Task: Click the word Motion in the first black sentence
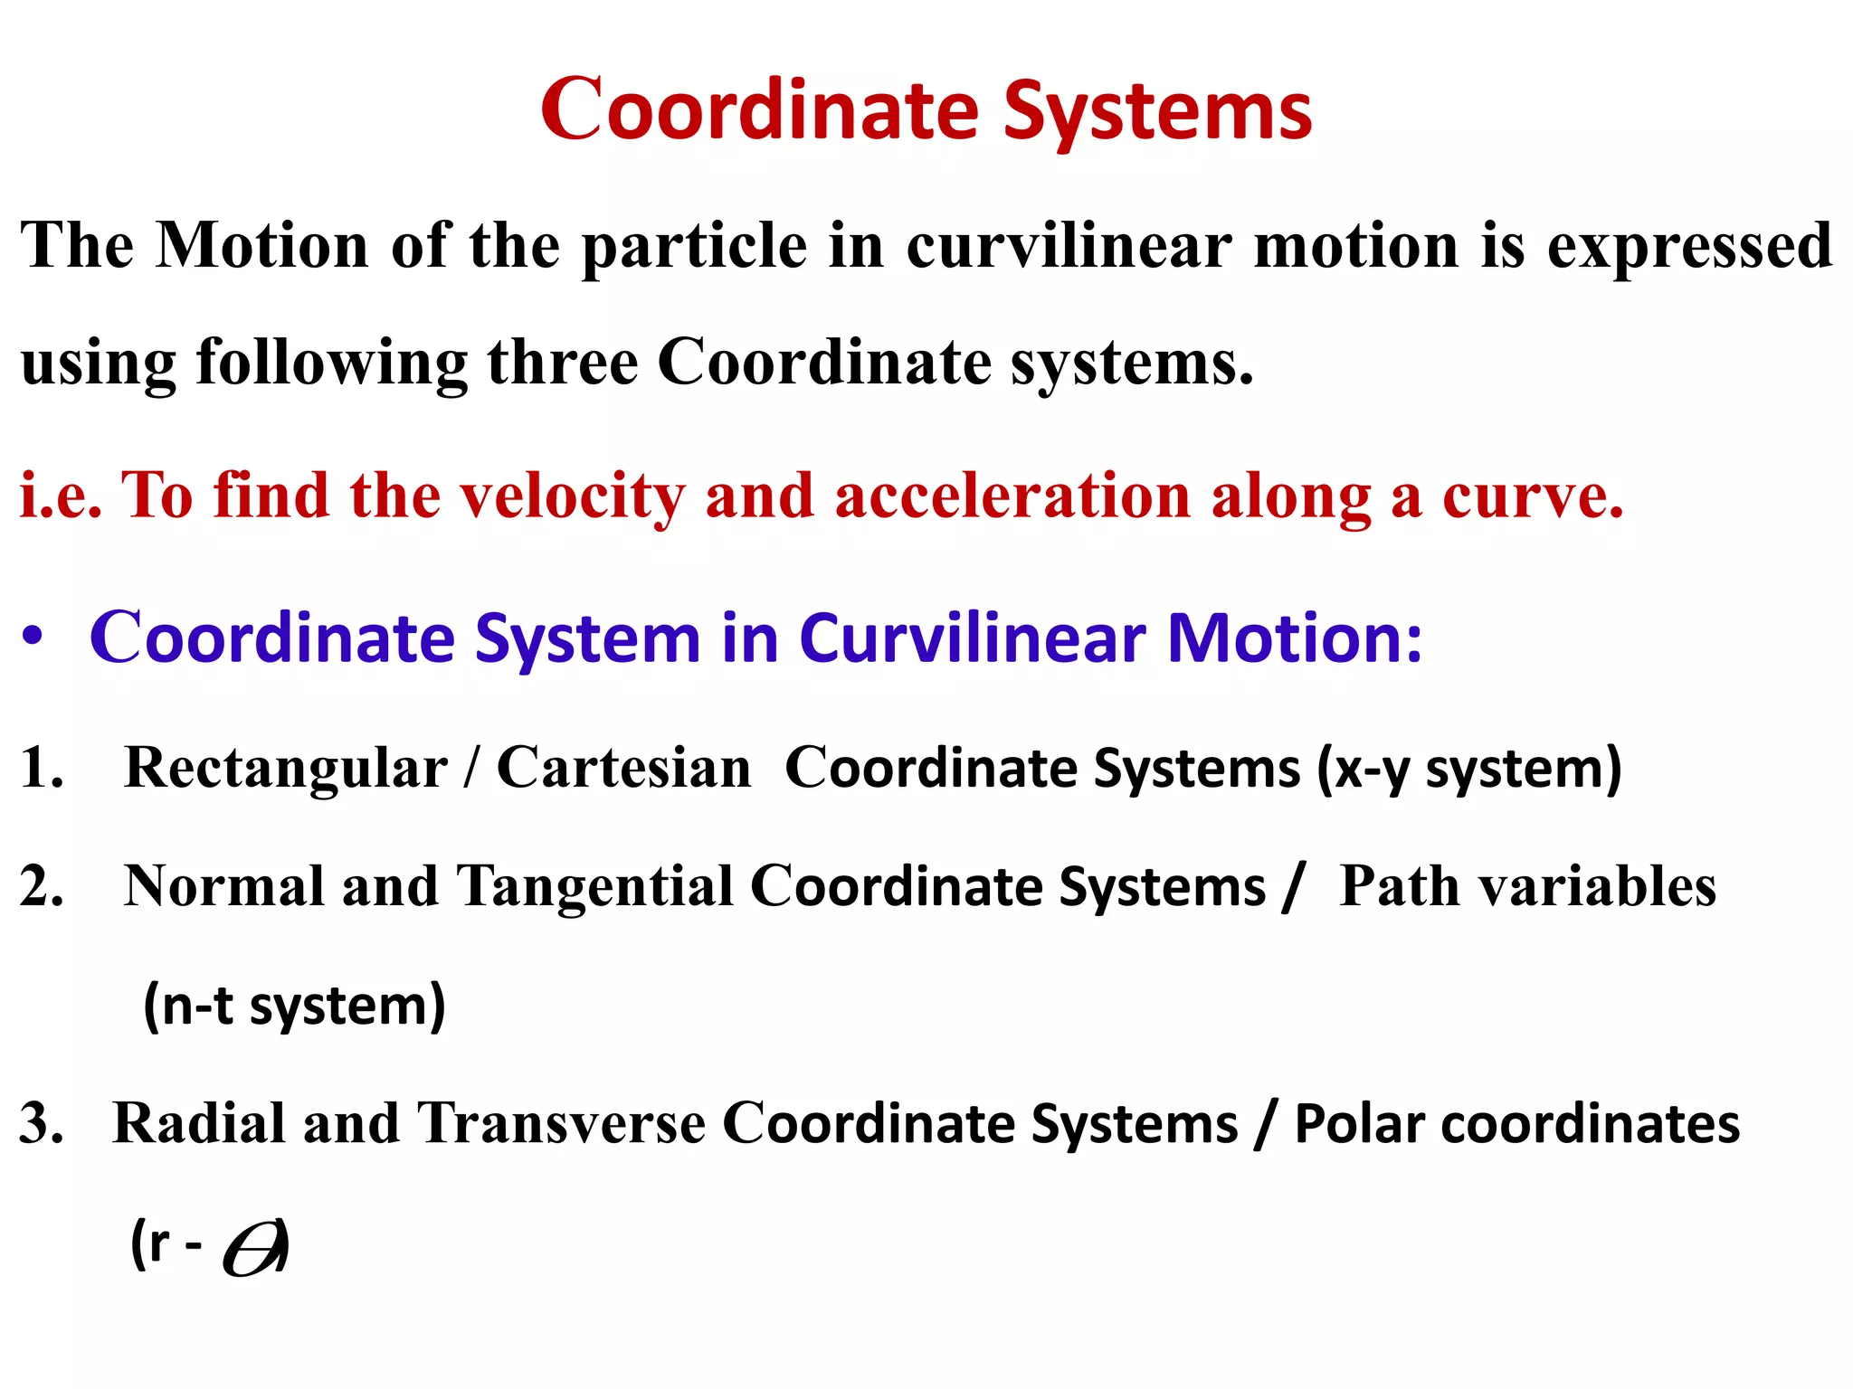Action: click(x=261, y=246)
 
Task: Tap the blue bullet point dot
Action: click(x=33, y=637)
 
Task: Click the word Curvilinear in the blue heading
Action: click(x=973, y=638)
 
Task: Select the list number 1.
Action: click(x=40, y=769)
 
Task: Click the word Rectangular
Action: click(x=285, y=770)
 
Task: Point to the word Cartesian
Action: click(x=623, y=769)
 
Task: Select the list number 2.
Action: click(x=41, y=886)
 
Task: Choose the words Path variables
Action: click(x=1526, y=886)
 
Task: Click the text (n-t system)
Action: click(x=294, y=1006)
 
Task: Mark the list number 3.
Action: click(x=41, y=1124)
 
